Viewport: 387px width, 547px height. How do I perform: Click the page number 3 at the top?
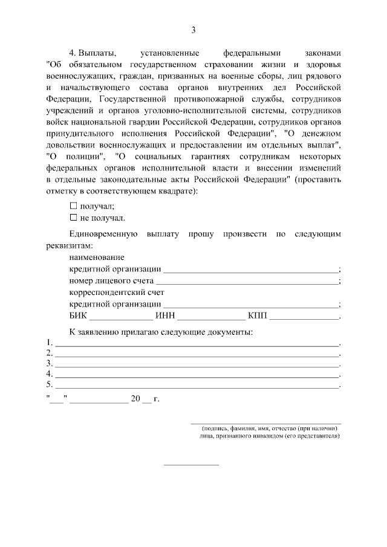[193, 30]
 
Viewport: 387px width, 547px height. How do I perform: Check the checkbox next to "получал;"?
[74, 206]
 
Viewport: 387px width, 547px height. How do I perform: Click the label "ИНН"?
[165, 316]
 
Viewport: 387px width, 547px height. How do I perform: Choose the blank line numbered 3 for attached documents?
[197, 364]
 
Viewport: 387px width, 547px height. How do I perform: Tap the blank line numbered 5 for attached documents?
[197, 385]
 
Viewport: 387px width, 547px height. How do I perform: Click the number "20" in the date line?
[135, 398]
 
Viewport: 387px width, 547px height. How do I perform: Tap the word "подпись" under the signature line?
[216, 429]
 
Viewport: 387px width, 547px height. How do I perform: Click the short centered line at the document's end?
[192, 465]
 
